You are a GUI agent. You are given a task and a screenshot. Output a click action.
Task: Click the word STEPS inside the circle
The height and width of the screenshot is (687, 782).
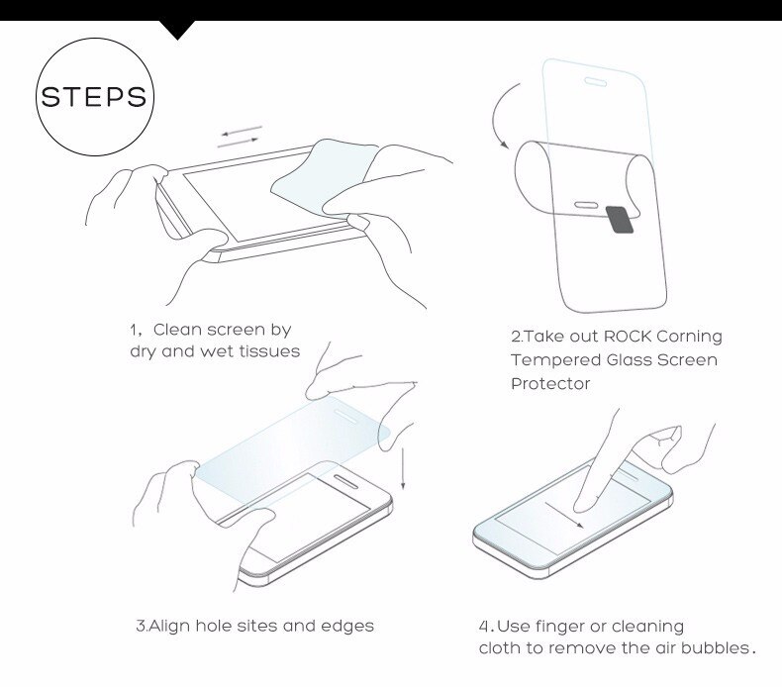(x=93, y=99)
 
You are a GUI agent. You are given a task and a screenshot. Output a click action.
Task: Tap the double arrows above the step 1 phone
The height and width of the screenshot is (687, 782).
(x=240, y=136)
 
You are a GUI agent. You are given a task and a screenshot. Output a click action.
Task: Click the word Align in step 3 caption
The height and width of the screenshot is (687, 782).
(x=169, y=626)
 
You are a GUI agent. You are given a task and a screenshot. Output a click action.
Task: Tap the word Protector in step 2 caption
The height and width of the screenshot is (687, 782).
(x=550, y=382)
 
